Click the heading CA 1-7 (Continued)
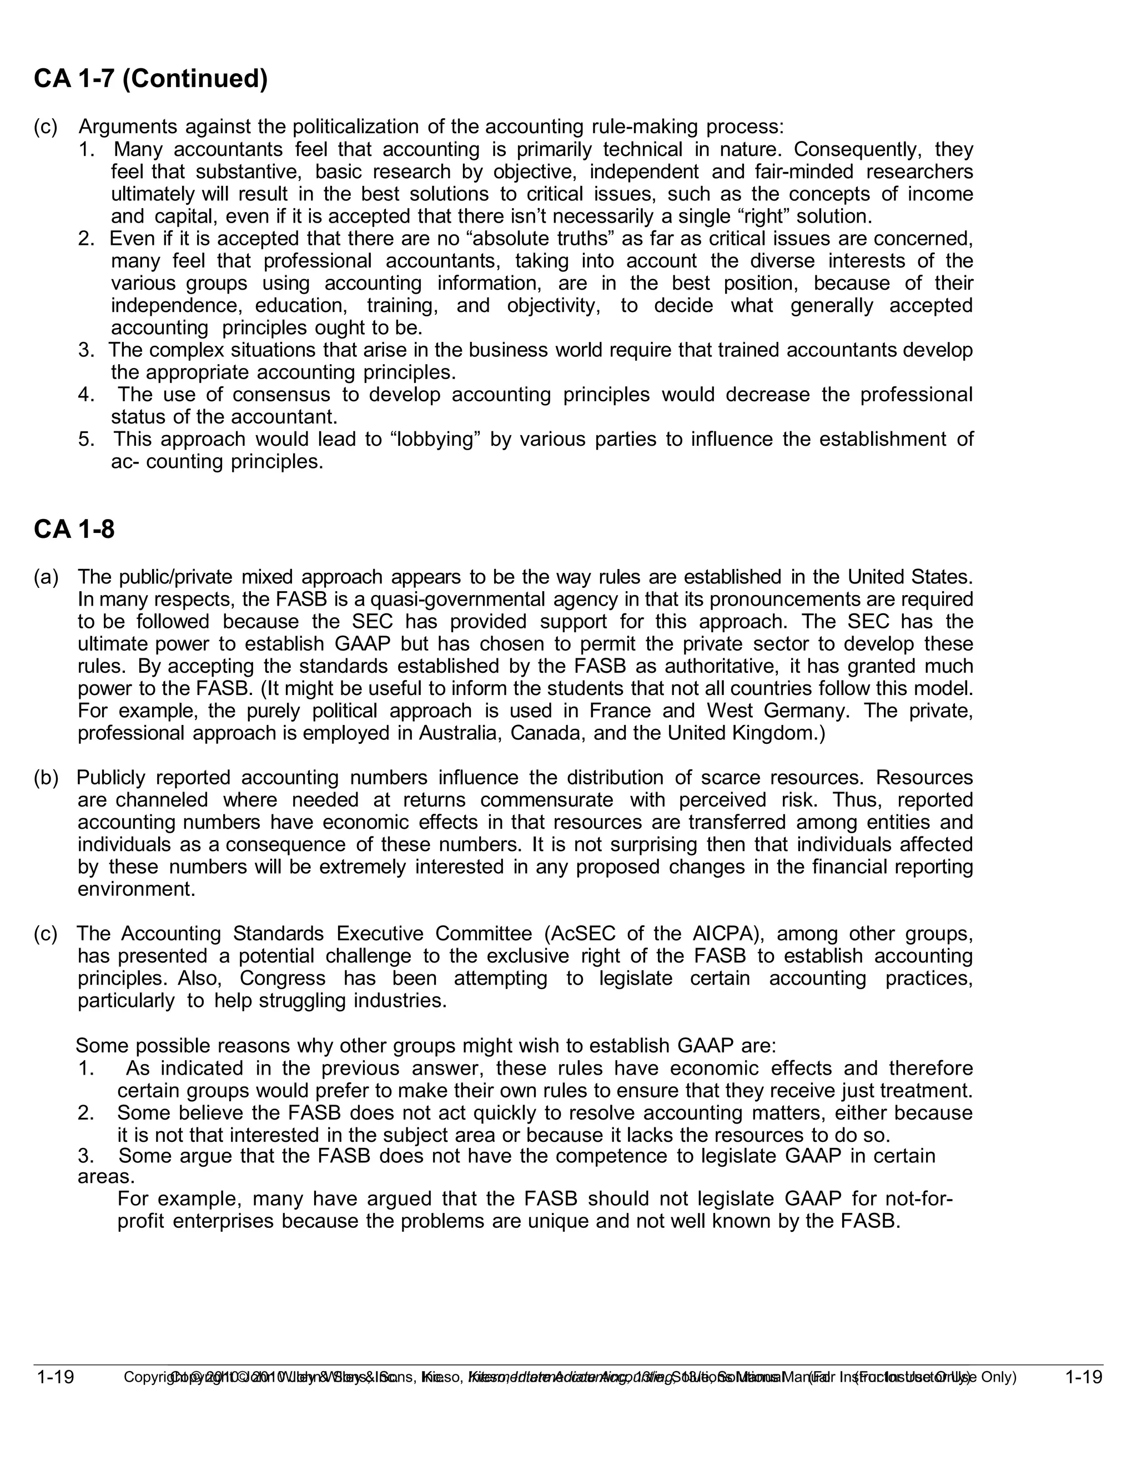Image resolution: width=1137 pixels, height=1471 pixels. coord(151,79)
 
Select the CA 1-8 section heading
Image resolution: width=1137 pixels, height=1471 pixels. coord(74,530)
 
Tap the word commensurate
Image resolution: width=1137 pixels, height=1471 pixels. coord(546,800)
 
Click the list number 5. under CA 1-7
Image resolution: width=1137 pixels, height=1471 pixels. coord(86,439)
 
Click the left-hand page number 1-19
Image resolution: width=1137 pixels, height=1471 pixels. coord(55,1377)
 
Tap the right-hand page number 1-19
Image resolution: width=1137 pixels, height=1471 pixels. coord(1083,1377)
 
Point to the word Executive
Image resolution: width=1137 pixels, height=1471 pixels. coord(379,934)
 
